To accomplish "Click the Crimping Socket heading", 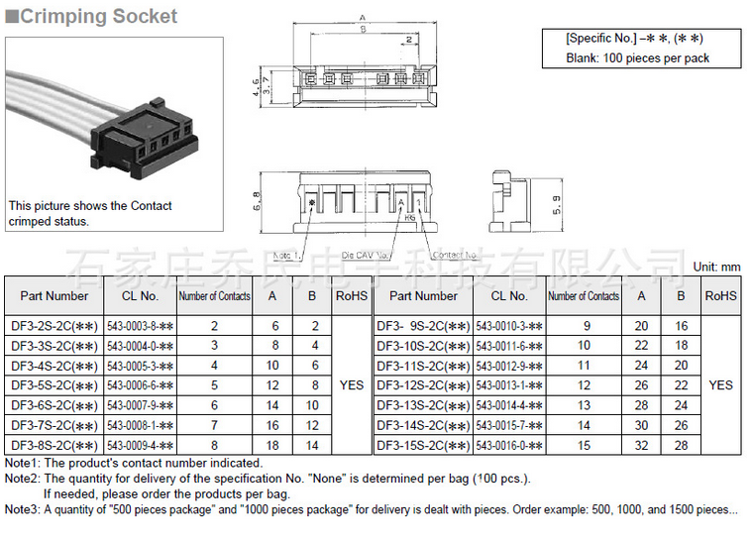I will click(99, 16).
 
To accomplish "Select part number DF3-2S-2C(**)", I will click(54, 325).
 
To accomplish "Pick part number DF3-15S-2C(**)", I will click(423, 446).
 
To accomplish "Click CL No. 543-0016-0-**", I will click(509, 446).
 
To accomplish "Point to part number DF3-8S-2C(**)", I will click(54, 446).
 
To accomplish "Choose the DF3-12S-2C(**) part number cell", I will click(423, 385).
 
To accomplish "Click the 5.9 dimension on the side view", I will click(557, 205).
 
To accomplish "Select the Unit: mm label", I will click(716, 267).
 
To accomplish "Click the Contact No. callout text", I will click(457, 256).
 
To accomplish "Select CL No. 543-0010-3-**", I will click(509, 325).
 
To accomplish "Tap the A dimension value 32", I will click(641, 446).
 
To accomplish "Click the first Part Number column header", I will click(54, 295).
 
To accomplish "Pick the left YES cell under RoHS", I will click(352, 385).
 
